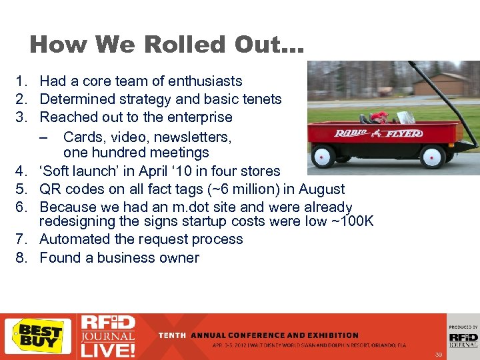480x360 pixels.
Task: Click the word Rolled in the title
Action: pos(161,45)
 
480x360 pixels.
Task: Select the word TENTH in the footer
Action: pos(173,335)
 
